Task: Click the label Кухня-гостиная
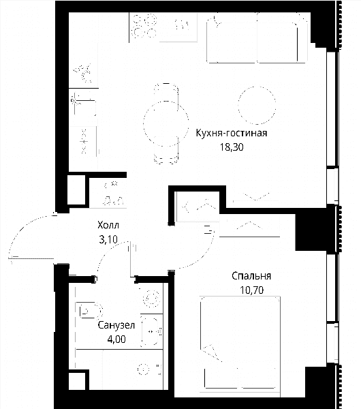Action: click(x=232, y=133)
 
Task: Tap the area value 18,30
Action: click(x=232, y=147)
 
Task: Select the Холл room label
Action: click(x=108, y=225)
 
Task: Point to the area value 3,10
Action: click(x=108, y=239)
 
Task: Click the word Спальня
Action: click(x=251, y=275)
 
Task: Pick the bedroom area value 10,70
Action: click(x=251, y=290)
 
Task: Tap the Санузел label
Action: click(x=116, y=325)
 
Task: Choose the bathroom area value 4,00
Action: click(x=116, y=339)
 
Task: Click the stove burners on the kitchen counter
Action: click(x=144, y=26)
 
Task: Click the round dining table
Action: click(x=166, y=123)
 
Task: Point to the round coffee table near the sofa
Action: click(x=257, y=105)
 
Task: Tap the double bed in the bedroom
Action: click(x=240, y=343)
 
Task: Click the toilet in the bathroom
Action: click(x=89, y=310)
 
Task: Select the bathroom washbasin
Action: click(x=150, y=332)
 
